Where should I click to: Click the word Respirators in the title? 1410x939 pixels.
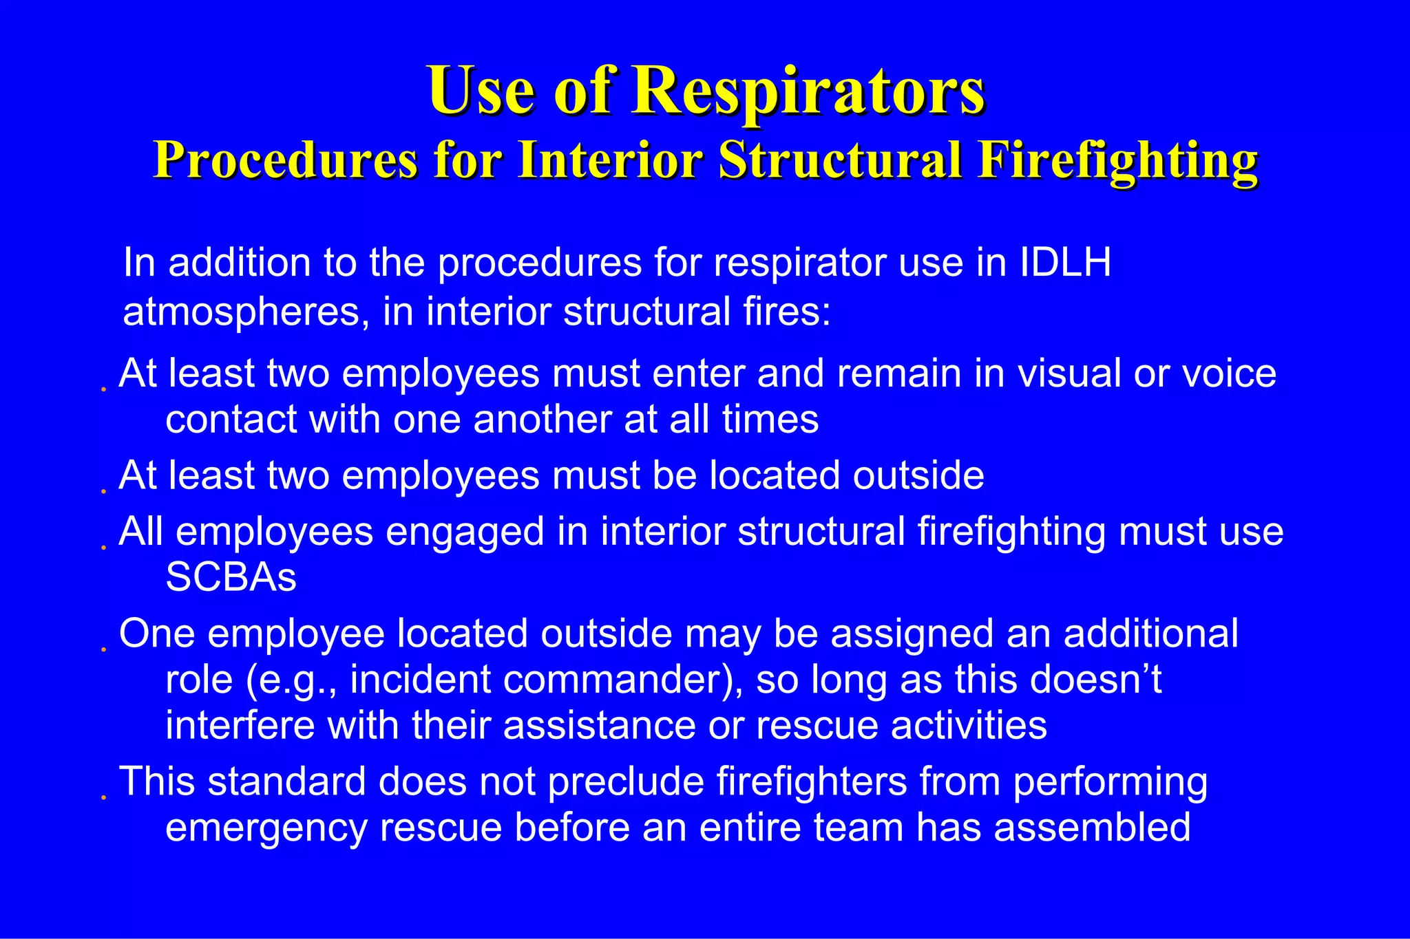809,91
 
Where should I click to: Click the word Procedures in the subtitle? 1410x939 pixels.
285,160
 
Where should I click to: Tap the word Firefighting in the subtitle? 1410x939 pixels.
1118,160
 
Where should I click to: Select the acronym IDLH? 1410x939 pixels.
1065,263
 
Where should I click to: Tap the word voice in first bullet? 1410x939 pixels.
1229,374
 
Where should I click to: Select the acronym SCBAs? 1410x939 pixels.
231,578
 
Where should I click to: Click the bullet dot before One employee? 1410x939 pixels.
103,649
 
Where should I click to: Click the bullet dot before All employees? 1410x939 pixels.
103,548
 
